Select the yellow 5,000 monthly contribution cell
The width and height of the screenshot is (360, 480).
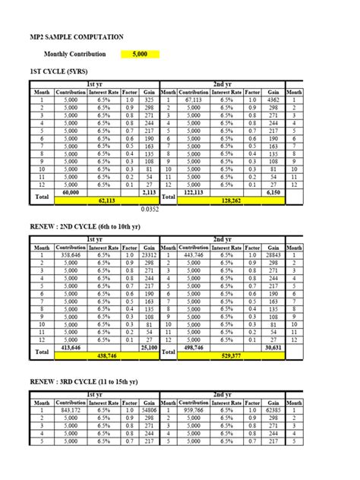[140, 54]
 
